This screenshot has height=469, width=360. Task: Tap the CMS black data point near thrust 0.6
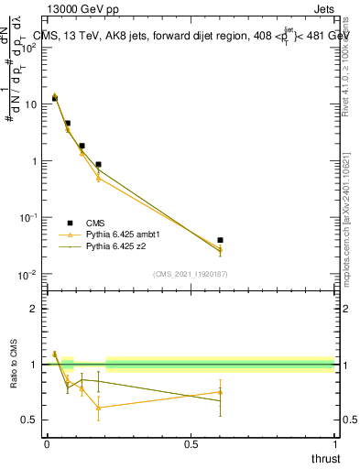point(220,240)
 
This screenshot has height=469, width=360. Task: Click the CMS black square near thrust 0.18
point(98,165)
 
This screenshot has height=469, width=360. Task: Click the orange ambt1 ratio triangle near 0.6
point(220,392)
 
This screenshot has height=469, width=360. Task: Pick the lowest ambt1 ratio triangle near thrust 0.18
point(98,408)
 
